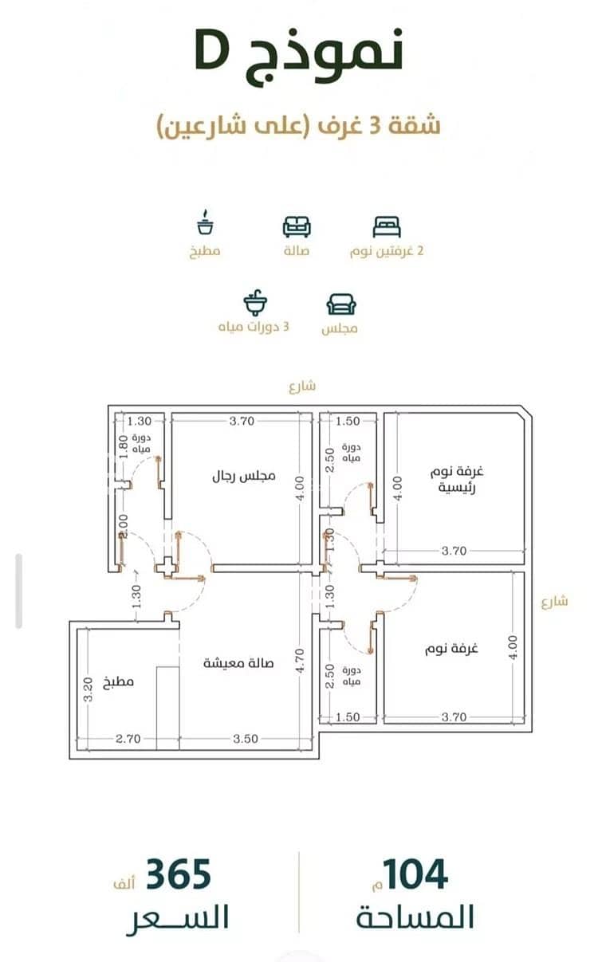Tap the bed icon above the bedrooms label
point(387,227)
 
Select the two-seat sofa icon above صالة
point(297,227)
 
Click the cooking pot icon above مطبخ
point(206,222)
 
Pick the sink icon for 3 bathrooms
point(255,303)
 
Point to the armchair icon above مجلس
point(341,304)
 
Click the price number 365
point(179,874)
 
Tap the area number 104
point(415,875)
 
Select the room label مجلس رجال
point(243,476)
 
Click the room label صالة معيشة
point(238,663)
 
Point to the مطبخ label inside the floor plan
point(119,682)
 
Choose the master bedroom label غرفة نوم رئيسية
point(457,480)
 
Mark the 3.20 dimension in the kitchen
point(88,689)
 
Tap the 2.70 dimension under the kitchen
point(128,739)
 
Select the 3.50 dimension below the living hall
point(246,739)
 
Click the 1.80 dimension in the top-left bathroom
point(124,447)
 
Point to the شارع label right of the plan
point(555,602)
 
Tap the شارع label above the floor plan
point(302,386)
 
